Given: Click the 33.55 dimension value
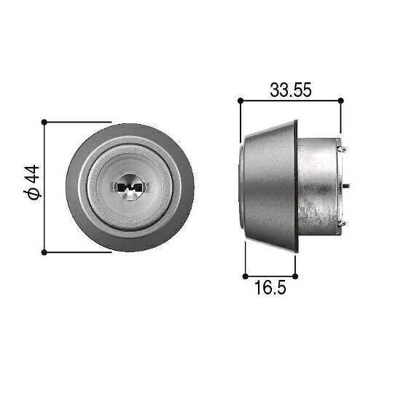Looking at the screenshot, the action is point(291,90).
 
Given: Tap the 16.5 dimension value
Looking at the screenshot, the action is point(270,287).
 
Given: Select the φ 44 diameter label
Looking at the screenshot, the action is point(32,182).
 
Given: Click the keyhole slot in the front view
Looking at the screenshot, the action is point(130,187).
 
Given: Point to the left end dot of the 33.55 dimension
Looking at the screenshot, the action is point(241,101).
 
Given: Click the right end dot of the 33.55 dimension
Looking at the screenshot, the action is point(341,101).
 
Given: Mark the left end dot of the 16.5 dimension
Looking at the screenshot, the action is point(245,276).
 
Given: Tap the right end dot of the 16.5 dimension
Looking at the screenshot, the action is point(295,276).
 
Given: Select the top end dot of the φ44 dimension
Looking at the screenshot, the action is point(44,122).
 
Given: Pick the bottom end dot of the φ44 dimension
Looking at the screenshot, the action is point(44,252).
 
